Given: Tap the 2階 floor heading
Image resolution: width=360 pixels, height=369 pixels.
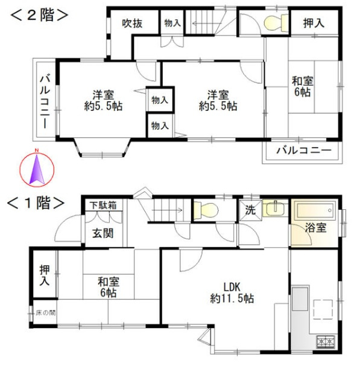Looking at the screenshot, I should (x=37, y=15).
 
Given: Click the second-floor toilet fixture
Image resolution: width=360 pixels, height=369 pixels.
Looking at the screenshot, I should (x=274, y=23).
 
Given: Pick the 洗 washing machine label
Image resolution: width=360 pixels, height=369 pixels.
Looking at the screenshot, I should (x=250, y=211).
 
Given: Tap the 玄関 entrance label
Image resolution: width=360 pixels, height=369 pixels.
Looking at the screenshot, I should (x=102, y=233).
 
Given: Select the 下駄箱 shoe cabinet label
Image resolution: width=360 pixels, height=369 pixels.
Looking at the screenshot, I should (x=103, y=206).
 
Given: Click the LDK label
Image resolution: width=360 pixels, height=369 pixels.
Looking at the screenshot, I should (x=232, y=286).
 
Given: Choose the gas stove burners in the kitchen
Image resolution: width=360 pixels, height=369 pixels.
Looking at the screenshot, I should (x=326, y=342).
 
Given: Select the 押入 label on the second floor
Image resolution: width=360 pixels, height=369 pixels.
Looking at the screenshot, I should (x=313, y=24).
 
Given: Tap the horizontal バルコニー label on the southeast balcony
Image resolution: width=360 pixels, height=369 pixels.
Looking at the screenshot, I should (x=303, y=150).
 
